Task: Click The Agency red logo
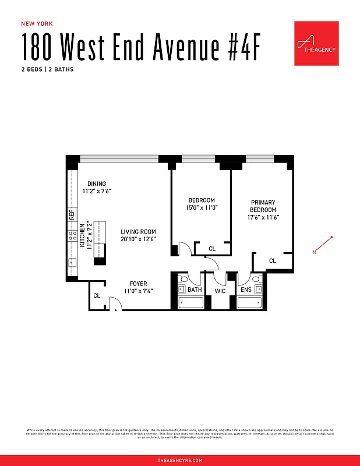[x=316, y=44]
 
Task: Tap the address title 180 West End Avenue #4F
[x=139, y=47]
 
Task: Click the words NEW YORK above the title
[x=37, y=24]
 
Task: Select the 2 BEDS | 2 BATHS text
[x=48, y=69]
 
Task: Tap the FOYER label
[x=138, y=284]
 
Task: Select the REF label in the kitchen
[x=72, y=214]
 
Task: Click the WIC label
[x=220, y=290]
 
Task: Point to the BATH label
[x=195, y=290]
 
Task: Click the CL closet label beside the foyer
[x=97, y=296]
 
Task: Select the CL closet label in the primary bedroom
[x=272, y=261]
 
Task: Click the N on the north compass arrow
[x=314, y=252]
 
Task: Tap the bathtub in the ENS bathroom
[x=250, y=303]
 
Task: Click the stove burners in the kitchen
[x=73, y=236]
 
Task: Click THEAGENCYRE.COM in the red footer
[x=180, y=460]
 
